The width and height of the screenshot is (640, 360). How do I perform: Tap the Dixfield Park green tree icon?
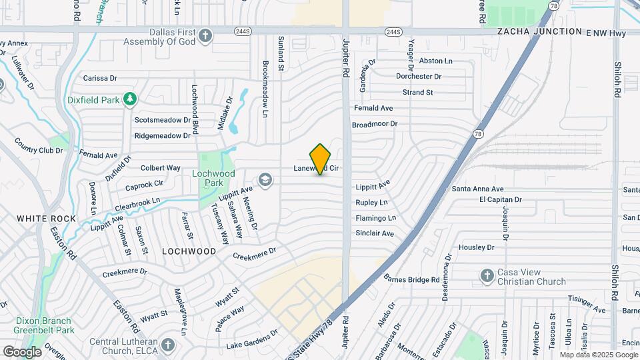(130, 100)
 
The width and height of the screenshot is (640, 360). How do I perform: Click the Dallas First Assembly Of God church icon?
(205, 35)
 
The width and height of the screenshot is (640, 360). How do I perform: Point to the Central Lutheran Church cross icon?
(167, 345)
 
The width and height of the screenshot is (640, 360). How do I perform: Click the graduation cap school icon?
(265, 179)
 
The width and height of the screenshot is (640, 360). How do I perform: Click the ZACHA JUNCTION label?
(539, 31)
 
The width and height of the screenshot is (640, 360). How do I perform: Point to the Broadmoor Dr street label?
(374, 124)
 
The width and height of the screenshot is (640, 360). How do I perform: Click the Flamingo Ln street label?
(375, 218)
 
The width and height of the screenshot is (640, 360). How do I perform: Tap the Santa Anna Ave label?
(477, 189)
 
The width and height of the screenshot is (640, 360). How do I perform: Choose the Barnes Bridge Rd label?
(411, 280)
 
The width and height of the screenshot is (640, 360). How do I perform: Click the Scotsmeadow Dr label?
(162, 120)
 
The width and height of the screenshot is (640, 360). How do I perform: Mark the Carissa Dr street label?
(100, 78)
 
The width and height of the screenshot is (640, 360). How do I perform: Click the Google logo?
(21, 351)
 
